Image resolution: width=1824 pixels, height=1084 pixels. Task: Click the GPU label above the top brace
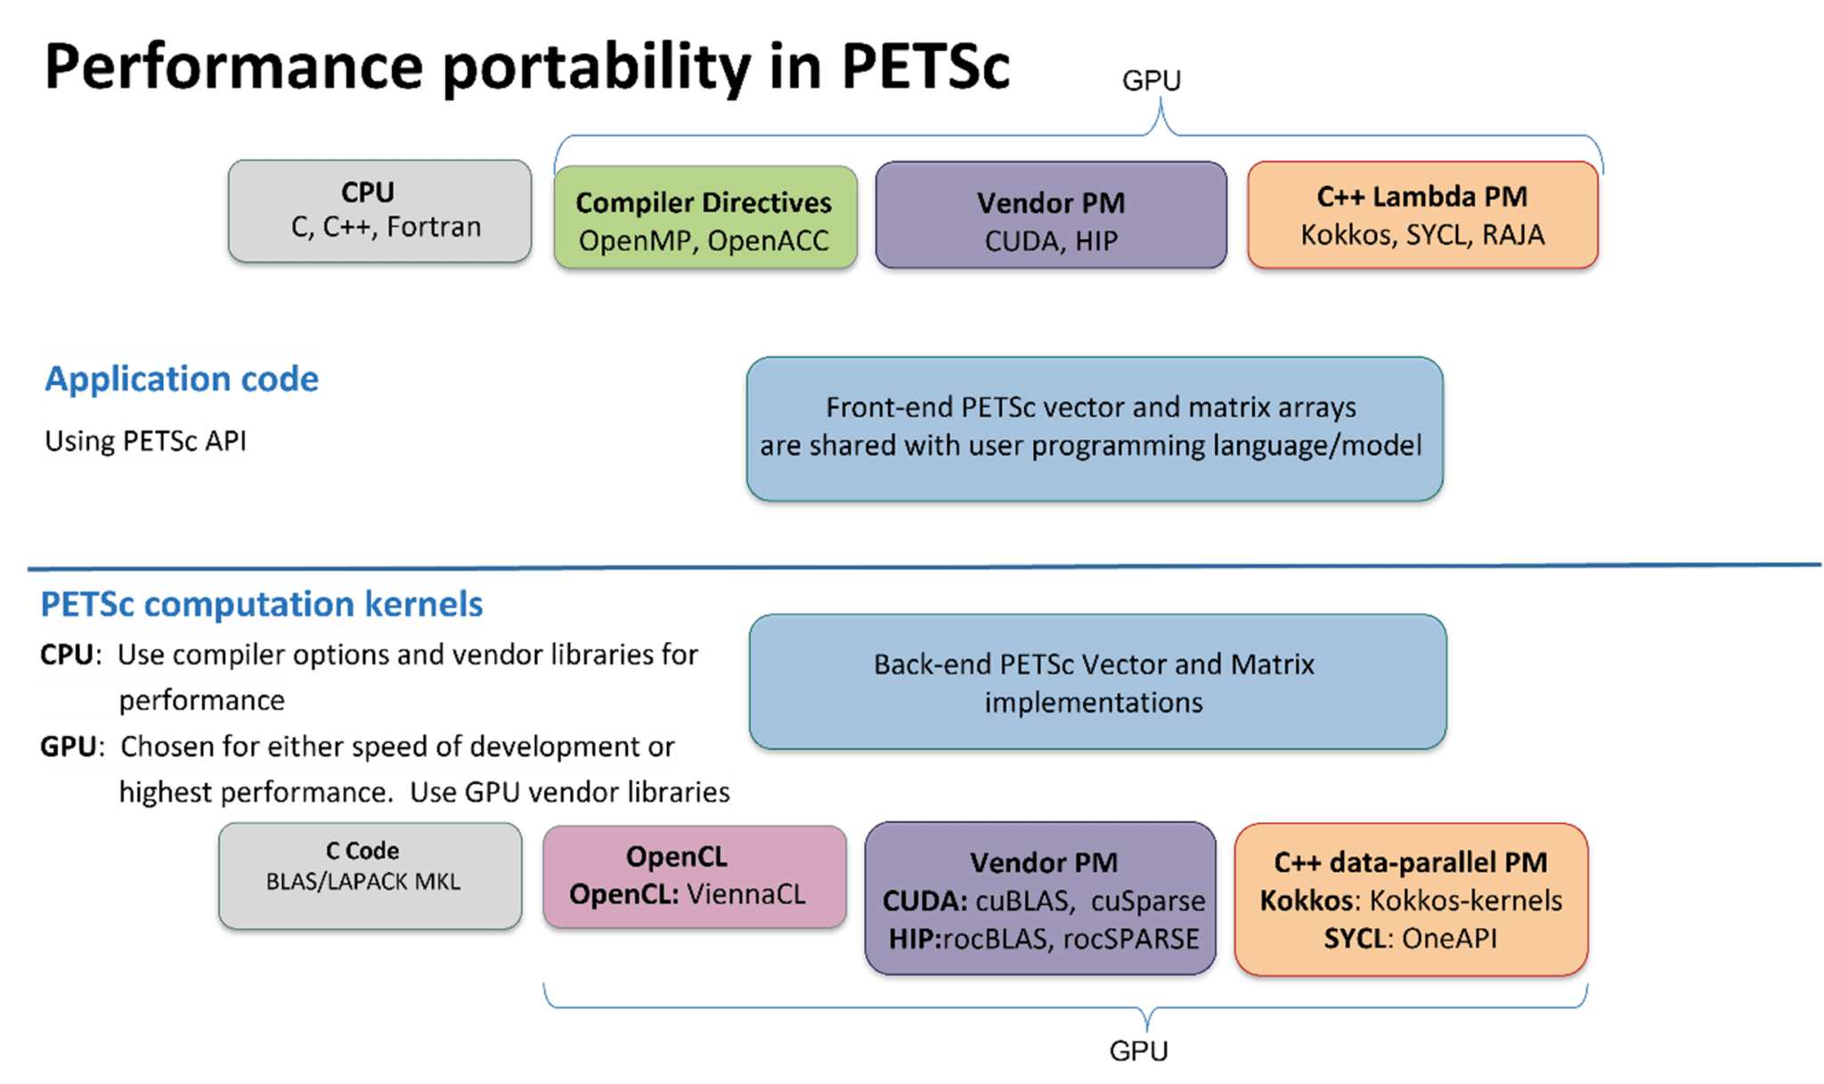1151,81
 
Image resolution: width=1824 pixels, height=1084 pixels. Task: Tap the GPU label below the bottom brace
1138,1051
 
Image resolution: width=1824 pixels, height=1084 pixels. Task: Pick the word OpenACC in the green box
768,240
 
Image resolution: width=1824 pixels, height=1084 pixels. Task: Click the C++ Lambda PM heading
1421,196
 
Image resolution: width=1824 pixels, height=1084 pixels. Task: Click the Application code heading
182,379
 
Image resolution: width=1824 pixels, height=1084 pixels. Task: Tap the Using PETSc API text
145,441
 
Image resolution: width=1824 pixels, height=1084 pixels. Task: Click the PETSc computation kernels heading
262,604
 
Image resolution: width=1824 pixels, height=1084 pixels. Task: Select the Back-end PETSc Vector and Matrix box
1095,683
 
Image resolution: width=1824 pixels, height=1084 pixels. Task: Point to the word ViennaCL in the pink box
746,894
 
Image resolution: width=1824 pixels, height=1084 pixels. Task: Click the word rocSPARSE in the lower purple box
1130,939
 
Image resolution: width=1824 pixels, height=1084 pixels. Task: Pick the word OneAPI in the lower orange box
1449,939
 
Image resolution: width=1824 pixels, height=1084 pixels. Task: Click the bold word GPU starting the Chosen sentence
67,746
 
